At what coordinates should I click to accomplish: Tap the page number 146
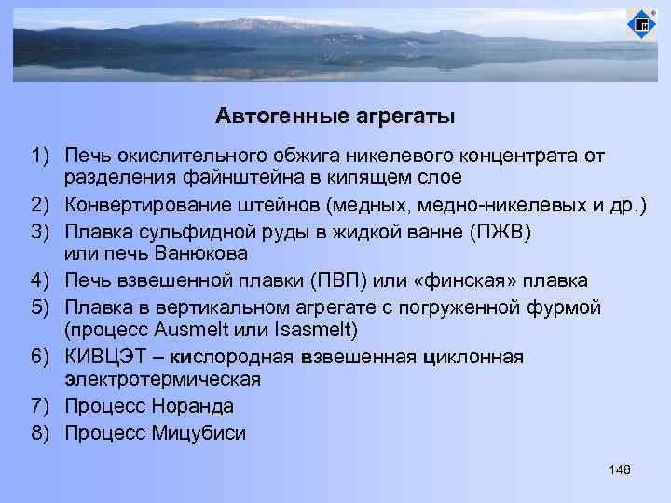619,469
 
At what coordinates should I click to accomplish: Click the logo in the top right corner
641,25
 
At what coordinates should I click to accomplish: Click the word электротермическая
163,381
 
